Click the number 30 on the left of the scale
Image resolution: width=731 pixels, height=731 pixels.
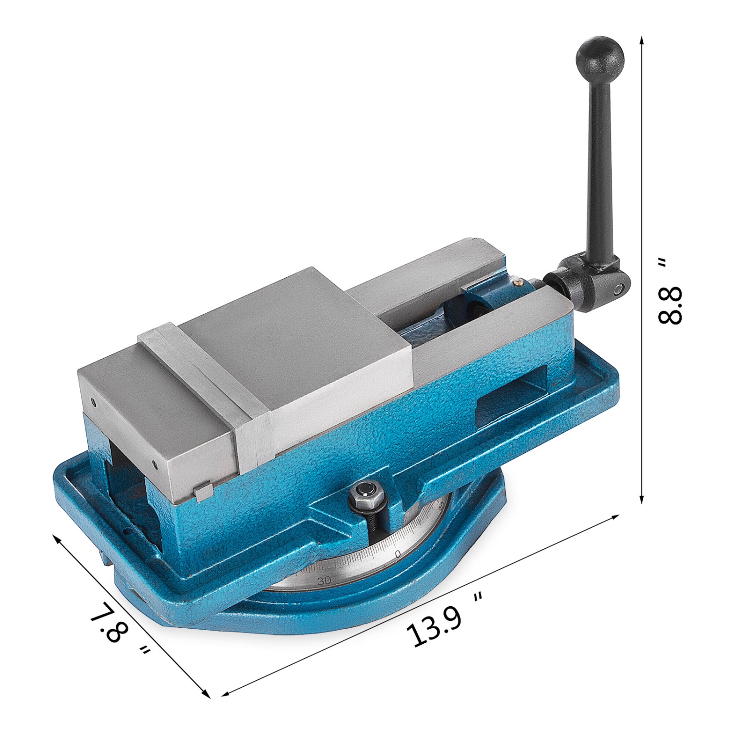[324, 580]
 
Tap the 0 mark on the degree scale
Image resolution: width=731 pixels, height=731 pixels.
[398, 554]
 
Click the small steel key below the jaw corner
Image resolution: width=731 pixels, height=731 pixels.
[203, 492]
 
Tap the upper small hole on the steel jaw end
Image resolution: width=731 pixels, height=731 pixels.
[93, 403]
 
